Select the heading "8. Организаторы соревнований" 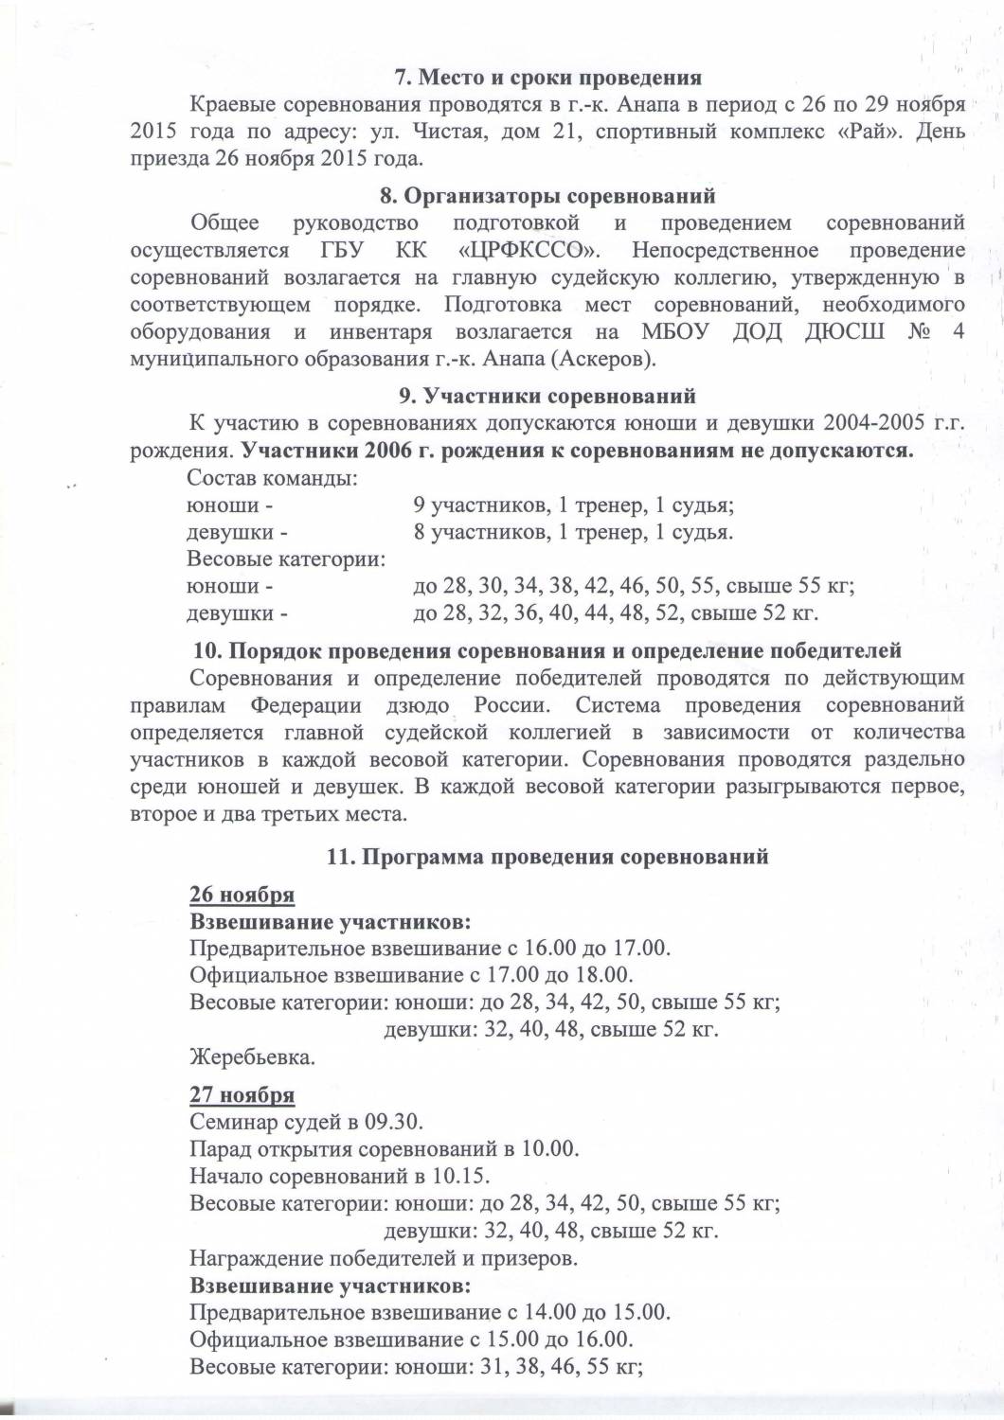point(547,197)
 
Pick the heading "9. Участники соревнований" point(547,396)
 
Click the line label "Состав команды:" point(272,478)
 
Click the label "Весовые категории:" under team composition point(286,559)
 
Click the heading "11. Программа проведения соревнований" point(547,858)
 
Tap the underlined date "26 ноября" point(242,895)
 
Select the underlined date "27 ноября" point(242,1095)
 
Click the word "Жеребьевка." point(252,1056)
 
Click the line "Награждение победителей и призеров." point(384,1259)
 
